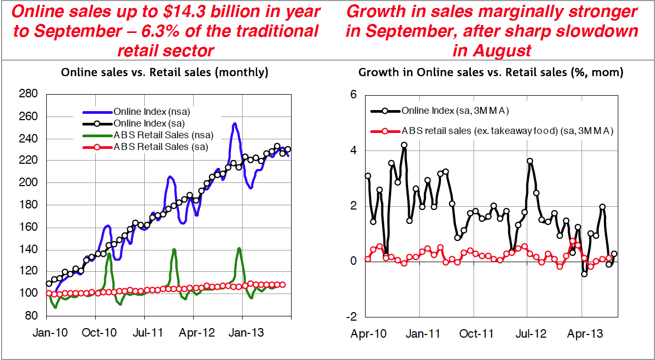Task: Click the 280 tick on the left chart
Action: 28,94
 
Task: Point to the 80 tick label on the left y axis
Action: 31,316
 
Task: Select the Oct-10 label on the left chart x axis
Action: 99,333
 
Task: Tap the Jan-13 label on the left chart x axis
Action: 246,333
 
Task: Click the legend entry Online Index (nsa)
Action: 136,112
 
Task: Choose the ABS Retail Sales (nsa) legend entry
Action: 148,135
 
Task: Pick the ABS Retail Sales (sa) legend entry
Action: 145,147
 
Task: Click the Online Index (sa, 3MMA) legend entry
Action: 440,111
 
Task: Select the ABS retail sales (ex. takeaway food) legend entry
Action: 492,131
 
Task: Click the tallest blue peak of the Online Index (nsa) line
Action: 235,124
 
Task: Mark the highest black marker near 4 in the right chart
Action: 404,145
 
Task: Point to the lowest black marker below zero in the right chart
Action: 584,274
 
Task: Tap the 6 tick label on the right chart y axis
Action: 353,95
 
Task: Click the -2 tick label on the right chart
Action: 352,317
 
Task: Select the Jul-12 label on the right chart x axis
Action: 530,334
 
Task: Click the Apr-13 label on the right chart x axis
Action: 585,334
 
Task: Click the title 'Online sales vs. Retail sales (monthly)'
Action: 164,72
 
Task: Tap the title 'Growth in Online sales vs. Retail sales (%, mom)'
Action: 491,72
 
